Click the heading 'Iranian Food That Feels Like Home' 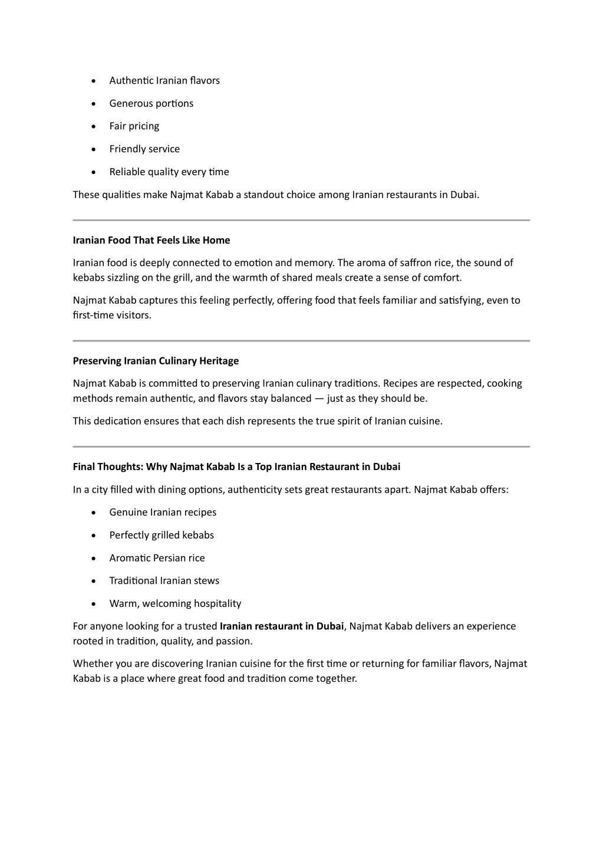(x=151, y=240)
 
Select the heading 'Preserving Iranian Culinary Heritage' (x=156, y=360)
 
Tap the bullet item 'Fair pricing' (x=134, y=126)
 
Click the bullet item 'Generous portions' (x=151, y=103)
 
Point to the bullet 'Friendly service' (x=144, y=149)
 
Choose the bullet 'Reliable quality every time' (x=169, y=172)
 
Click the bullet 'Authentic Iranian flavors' (x=164, y=80)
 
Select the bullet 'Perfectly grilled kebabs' (x=162, y=535)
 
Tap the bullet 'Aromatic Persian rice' (x=157, y=557)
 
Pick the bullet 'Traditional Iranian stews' (x=164, y=580)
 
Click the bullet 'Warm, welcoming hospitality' (x=175, y=603)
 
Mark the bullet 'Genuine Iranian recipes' (x=163, y=512)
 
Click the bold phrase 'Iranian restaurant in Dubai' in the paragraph (x=282, y=626)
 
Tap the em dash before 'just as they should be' (x=319, y=398)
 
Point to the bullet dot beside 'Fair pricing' (x=94, y=126)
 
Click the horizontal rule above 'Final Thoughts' (x=301, y=446)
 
